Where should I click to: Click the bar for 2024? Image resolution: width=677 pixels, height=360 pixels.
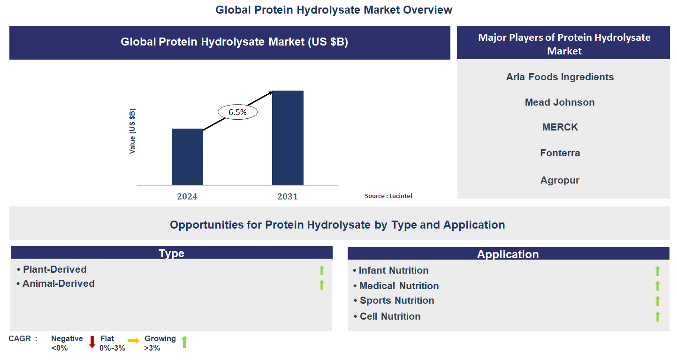point(187,157)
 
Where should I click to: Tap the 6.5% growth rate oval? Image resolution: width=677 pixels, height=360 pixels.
point(238,112)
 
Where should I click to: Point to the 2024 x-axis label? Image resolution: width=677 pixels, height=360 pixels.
point(187,196)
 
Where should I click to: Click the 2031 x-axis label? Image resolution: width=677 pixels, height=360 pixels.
point(288,196)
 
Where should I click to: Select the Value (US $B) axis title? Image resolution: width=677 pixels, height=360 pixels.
point(133,131)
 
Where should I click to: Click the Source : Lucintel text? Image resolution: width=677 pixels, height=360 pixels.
point(388,196)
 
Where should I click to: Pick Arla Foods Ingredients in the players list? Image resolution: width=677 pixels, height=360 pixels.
point(560,77)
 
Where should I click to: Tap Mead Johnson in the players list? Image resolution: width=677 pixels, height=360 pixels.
point(560,102)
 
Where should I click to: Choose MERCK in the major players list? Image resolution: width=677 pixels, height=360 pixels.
point(560,127)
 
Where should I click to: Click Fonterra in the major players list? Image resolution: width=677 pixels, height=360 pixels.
point(560,153)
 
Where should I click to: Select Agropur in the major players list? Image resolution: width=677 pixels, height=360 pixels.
point(560,180)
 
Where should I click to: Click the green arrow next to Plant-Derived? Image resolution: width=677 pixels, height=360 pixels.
point(322,270)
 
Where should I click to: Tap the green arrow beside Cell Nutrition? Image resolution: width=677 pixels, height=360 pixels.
point(658,316)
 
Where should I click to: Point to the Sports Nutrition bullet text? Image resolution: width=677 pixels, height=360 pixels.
point(397,300)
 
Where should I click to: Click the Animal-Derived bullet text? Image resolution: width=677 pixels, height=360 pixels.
point(59,283)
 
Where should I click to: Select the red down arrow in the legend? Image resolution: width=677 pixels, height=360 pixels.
point(92,342)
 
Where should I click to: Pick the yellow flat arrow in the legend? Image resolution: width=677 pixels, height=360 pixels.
point(134,341)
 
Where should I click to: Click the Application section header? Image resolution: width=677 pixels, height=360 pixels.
point(508,254)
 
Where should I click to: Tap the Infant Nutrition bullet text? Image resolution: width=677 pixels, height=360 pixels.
point(394,270)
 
